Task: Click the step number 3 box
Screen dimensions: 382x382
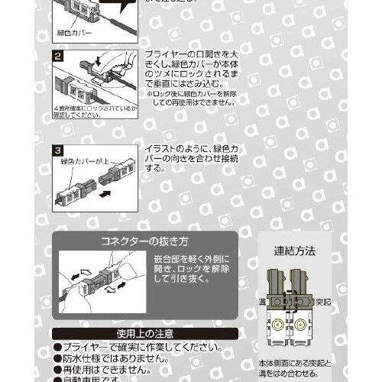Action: click(x=57, y=151)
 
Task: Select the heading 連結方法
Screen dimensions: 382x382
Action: click(x=294, y=250)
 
